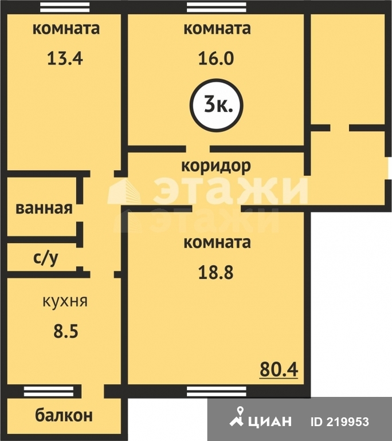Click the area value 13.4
pyautogui.click(x=65, y=58)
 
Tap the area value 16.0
pyautogui.click(x=216, y=58)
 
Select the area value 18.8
pyautogui.click(x=216, y=272)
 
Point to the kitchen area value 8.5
pyautogui.click(x=66, y=331)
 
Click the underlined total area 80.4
pyautogui.click(x=279, y=369)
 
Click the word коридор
pyautogui.click(x=216, y=166)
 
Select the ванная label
pyautogui.click(x=44, y=208)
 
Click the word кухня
pyautogui.click(x=65, y=301)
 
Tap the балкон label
pyautogui.click(x=64, y=415)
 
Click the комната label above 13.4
pyautogui.click(x=66, y=29)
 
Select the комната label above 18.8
pyautogui.click(x=217, y=242)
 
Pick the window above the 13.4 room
pyautogui.click(x=65, y=7)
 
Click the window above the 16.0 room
pyautogui.click(x=217, y=7)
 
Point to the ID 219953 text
pyautogui.click(x=340, y=422)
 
